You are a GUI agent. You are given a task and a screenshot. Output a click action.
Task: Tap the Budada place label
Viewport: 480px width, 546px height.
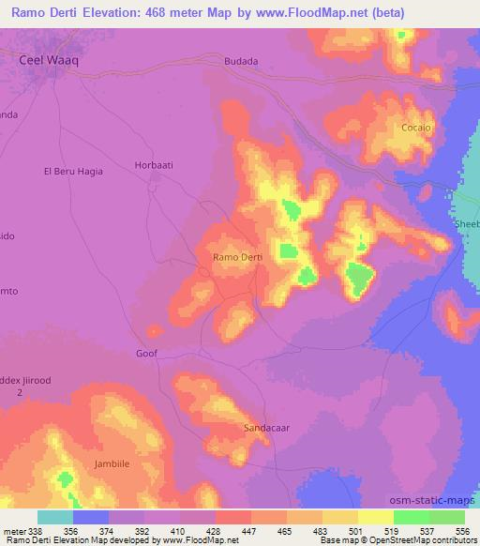pyautogui.click(x=240, y=61)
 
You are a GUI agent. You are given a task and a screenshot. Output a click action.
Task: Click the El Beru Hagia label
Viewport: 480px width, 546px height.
pyautogui.click(x=73, y=172)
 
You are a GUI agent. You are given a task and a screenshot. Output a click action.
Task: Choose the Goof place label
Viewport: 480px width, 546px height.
pyautogui.click(x=146, y=354)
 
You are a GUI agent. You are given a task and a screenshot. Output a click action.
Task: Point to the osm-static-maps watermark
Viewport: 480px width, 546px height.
pyautogui.click(x=438, y=498)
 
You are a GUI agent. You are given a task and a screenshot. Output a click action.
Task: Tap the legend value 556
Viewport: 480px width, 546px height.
pyautogui.click(x=462, y=530)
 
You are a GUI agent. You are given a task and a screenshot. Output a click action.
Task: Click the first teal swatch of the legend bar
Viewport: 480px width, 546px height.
pyautogui.click(x=55, y=517)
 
